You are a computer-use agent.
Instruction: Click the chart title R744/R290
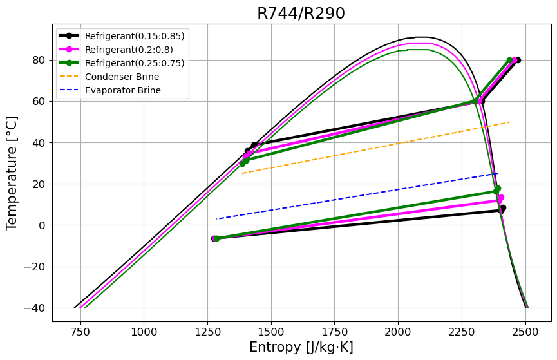click(301, 14)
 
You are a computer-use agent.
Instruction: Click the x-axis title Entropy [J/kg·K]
click(301, 347)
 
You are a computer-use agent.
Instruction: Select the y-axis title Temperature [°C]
click(12, 173)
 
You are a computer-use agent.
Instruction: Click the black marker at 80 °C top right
click(518, 60)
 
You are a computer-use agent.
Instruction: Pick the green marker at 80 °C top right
click(509, 60)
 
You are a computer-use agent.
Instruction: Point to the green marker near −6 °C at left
click(216, 238)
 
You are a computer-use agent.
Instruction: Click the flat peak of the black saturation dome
click(422, 37)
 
